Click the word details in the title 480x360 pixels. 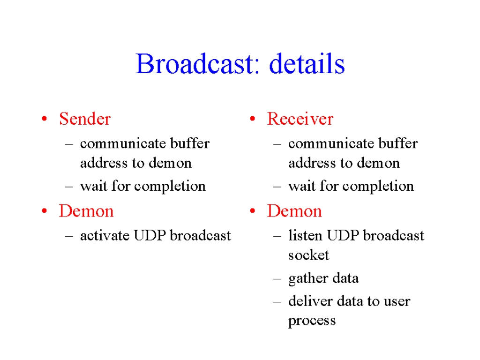point(307,64)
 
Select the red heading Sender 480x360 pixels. point(85,119)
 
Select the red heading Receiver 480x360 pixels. point(300,119)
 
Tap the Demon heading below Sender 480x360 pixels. point(86,211)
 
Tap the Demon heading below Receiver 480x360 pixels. point(294,211)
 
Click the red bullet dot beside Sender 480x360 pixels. point(45,119)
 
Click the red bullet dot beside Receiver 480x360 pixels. point(253,119)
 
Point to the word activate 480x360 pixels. point(105,236)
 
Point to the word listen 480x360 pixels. point(305,236)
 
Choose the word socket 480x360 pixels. point(308,255)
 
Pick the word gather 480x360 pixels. point(308,279)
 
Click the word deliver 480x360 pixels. point(310,301)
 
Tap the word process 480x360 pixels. point(312,321)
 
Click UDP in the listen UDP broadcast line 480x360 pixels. point(343,236)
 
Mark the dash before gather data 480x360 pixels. point(277,278)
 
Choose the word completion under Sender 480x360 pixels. point(170,187)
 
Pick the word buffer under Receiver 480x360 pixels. point(398,143)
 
